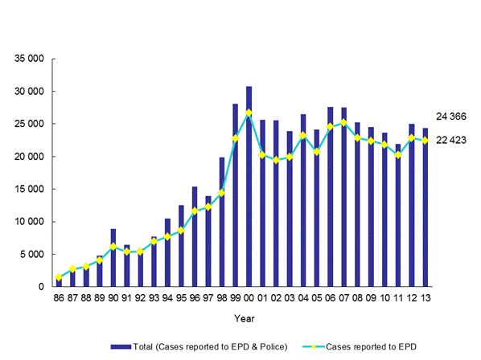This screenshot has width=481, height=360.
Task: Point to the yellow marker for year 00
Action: pos(249,112)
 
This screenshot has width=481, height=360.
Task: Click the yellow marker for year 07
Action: pos(343,123)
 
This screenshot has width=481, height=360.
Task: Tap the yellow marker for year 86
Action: pos(59,278)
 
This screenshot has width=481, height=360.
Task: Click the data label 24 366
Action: pos(451,117)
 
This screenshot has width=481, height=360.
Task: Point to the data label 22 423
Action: pos(451,141)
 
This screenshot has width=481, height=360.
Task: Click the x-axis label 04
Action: pos(302,299)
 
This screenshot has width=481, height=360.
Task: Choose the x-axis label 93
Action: pos(154,299)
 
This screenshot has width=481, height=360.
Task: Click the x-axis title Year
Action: pos(241,318)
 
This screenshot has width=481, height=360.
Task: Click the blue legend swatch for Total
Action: pos(118,346)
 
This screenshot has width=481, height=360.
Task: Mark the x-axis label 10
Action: pos(384,299)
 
